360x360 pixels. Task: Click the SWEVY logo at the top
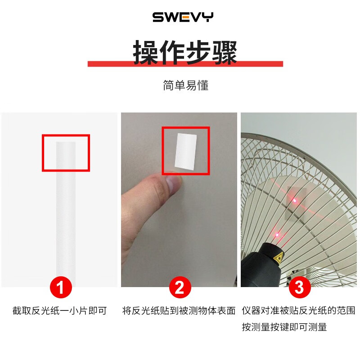[x=183, y=18]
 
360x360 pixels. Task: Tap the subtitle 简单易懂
[x=185, y=85]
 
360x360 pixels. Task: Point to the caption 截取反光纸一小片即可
[x=59, y=310]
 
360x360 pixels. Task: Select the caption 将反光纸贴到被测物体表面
[x=179, y=310]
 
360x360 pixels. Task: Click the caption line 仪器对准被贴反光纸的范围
[x=298, y=310]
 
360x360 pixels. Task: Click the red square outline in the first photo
[x=66, y=135]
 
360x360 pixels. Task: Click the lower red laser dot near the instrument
[x=278, y=234]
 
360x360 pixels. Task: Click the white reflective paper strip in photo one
[x=66, y=211]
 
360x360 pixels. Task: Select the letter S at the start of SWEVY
[x=158, y=18]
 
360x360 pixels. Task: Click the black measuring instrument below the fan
[x=263, y=265]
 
